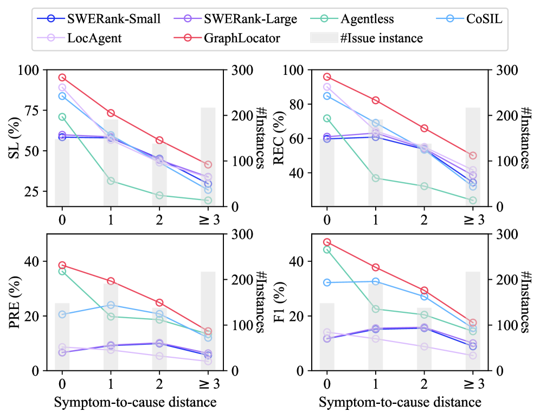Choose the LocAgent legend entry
point(95,38)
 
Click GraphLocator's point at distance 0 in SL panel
point(62,78)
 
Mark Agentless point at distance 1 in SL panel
point(111,181)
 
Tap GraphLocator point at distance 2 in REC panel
point(424,128)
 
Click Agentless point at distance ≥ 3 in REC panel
point(473,200)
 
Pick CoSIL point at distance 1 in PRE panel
point(111,305)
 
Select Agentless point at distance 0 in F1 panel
point(327,249)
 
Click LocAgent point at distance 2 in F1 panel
point(424,346)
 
